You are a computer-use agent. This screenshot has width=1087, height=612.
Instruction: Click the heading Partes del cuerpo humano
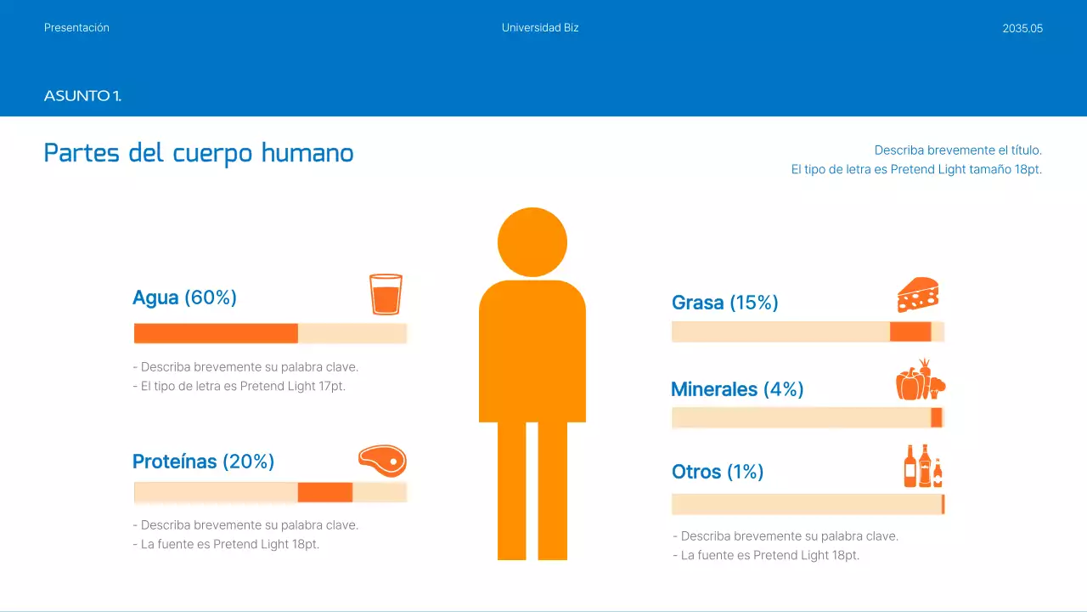[199, 153]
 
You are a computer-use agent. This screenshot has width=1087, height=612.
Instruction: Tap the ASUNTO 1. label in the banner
[82, 96]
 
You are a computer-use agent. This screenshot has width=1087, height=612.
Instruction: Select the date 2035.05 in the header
[1022, 28]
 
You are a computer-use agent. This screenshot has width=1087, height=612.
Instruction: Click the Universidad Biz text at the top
[540, 28]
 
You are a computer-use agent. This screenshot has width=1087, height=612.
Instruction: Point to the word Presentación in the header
[76, 28]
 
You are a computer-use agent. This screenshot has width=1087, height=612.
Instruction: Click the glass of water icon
[386, 294]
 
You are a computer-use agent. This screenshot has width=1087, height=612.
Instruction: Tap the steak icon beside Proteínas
[382, 461]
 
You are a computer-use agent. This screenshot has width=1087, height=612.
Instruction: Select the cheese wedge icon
[918, 295]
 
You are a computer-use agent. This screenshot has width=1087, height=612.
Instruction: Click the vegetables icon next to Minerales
[921, 380]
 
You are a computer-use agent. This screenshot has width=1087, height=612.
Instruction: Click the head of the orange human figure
[532, 242]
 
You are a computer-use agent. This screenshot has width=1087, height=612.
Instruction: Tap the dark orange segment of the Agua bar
[216, 333]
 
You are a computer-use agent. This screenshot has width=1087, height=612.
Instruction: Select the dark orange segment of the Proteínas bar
[324, 492]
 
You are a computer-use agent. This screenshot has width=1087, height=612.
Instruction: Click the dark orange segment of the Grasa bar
[910, 331]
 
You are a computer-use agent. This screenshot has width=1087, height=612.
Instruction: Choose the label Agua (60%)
[184, 297]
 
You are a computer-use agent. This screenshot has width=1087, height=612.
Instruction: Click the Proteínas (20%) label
[203, 462]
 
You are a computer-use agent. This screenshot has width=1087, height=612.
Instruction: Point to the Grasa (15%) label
[724, 303]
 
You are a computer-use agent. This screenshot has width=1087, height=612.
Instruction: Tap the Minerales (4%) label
[736, 389]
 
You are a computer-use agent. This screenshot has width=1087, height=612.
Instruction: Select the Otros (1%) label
[717, 472]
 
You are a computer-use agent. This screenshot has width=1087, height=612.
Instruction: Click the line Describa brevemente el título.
[957, 150]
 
